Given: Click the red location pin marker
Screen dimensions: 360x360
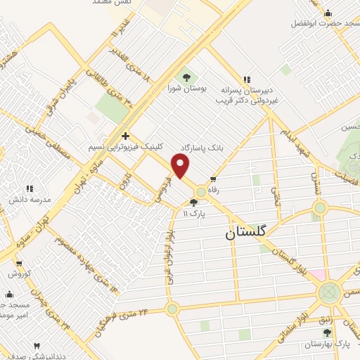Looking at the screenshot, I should coord(181,166).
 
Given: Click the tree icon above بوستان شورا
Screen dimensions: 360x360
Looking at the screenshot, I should coord(187,77).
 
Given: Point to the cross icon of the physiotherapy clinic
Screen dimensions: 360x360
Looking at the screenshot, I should coord(125,136).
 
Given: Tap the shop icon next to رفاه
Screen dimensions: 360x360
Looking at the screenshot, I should coord(212,180).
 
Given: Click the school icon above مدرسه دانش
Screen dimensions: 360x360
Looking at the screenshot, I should coord(30,188).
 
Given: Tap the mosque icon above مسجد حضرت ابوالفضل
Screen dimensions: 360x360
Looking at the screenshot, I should coord(328,13).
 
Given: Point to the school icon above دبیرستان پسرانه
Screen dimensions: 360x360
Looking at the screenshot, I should coord(246,79).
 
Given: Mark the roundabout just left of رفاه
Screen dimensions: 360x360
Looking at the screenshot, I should coord(201,191).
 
